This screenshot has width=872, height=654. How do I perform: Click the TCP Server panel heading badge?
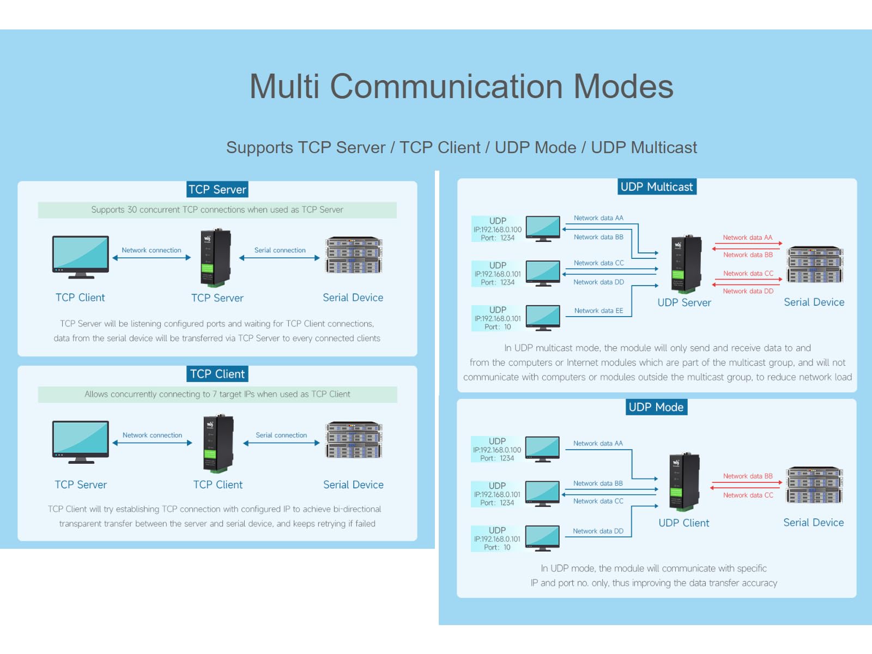217,189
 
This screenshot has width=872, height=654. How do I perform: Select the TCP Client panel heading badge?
217,374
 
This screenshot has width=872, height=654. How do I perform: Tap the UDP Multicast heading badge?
656,187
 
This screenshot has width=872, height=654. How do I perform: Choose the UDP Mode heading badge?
656,407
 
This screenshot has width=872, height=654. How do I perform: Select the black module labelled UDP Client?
683,482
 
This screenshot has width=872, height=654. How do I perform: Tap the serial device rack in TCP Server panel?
354,255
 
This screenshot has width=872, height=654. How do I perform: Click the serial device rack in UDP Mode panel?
814,485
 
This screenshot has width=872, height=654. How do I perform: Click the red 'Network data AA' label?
747,238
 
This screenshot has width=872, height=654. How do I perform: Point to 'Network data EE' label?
598,311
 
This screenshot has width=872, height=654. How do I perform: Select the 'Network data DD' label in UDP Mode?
598,531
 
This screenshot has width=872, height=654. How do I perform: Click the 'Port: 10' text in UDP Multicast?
498,327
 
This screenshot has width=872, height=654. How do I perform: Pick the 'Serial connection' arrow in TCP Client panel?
281,443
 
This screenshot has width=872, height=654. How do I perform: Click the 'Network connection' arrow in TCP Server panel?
152,258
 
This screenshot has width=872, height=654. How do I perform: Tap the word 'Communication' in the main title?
446,86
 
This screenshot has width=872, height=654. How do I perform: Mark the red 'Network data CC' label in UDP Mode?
748,495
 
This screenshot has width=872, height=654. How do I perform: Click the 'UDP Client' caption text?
683,523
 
